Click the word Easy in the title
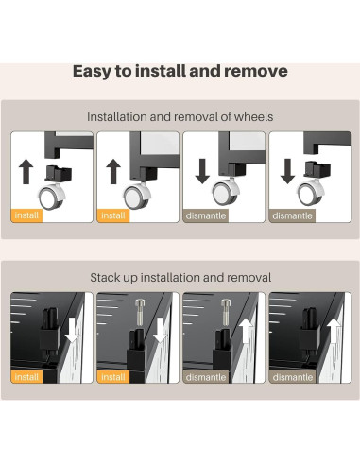pos(94,72)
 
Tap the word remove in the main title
pos(255,72)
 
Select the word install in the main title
pos(164,72)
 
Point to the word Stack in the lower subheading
pos(111,278)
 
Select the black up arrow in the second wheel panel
pos(114,172)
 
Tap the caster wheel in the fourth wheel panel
pos(309,195)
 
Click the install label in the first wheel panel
pos(29,215)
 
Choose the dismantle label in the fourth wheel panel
pos(294,215)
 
